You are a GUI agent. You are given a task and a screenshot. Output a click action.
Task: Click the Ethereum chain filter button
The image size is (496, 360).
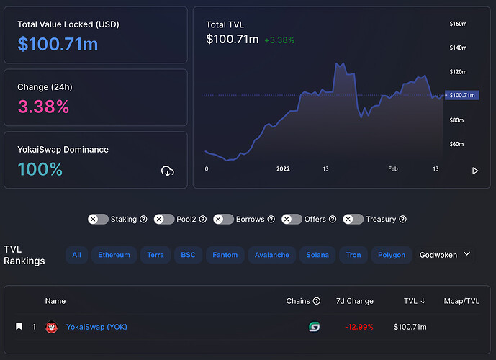click(114, 255)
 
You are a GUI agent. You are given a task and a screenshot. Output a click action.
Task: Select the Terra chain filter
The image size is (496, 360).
click(155, 255)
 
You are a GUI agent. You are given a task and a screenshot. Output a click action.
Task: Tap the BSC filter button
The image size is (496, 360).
click(188, 255)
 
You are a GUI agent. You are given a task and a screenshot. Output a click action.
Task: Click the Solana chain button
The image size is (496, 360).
click(317, 255)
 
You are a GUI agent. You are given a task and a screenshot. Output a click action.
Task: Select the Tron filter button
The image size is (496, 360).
click(353, 255)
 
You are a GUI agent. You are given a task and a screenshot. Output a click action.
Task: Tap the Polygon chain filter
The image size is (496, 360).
click(392, 255)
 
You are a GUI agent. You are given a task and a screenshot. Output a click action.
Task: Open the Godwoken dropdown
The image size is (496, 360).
click(445, 255)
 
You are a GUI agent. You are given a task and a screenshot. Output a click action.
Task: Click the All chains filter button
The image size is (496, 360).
click(76, 255)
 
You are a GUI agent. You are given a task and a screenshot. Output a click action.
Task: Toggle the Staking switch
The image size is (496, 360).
click(98, 219)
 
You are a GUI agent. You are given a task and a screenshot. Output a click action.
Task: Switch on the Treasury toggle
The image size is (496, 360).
click(353, 219)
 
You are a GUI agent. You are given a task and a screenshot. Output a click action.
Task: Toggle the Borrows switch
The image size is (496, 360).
click(223, 219)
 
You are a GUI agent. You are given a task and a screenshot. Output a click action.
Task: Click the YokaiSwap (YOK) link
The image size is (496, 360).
click(96, 327)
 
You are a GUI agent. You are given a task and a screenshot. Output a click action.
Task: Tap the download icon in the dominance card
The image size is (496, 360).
click(168, 171)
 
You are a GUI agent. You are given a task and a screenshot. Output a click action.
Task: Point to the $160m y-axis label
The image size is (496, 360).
click(458, 24)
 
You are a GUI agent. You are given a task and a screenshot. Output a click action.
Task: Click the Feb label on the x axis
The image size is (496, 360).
click(393, 168)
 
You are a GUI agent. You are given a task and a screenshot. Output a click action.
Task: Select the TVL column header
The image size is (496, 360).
click(415, 301)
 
